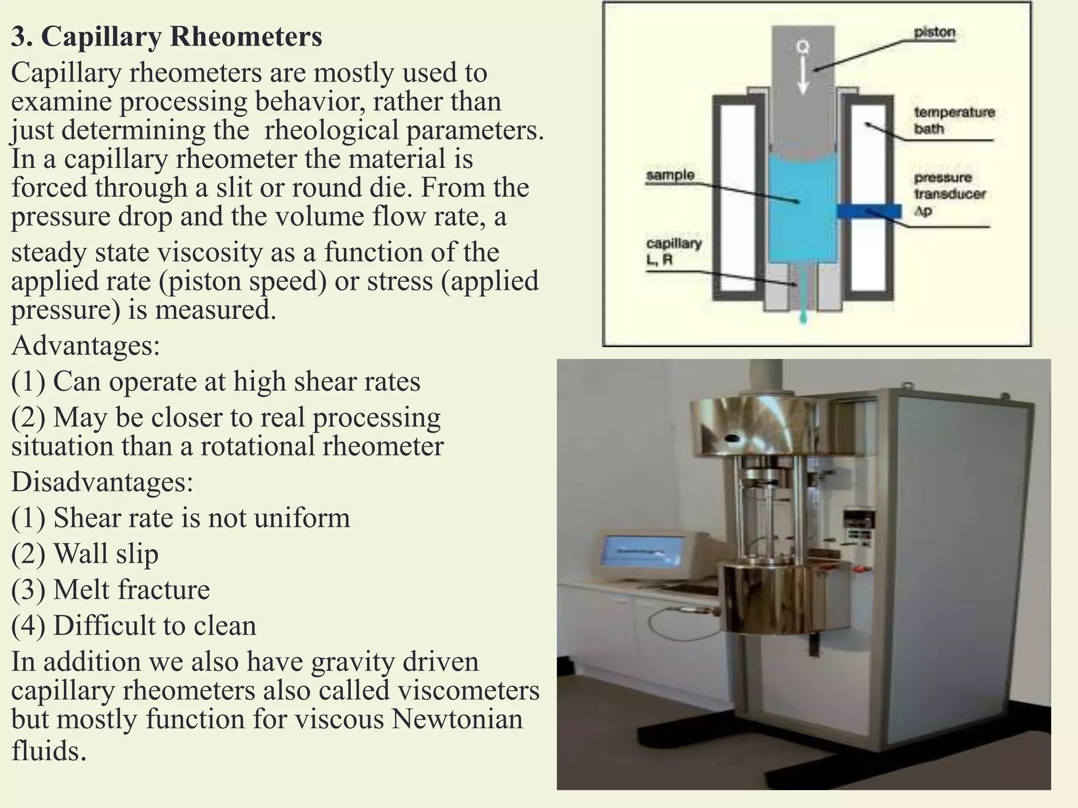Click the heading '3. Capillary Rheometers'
tap(166, 37)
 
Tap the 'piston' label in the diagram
tap(934, 33)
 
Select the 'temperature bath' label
tap(954, 120)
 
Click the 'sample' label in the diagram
tap(670, 175)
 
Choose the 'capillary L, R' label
tap(673, 251)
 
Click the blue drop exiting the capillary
tap(803, 317)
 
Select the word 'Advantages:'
tap(85, 346)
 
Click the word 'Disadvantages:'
tap(102, 481)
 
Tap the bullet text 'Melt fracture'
tap(132, 589)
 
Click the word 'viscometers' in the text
tap(468, 690)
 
